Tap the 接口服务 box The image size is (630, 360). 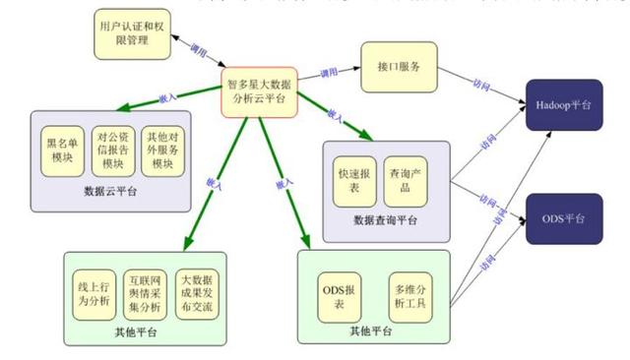point(398,67)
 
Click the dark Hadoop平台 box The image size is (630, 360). point(562,103)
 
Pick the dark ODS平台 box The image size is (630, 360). point(562,220)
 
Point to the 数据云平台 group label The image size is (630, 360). point(110,191)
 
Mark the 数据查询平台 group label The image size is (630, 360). point(385,218)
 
